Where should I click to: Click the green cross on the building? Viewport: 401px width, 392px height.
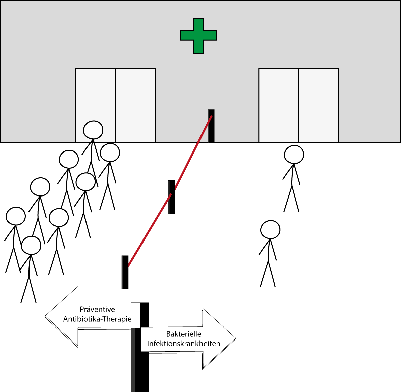point(198,36)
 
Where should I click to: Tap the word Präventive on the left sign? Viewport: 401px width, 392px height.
point(98,309)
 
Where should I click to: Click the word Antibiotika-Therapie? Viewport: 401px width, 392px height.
point(98,319)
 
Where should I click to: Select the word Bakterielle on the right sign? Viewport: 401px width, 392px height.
point(184,334)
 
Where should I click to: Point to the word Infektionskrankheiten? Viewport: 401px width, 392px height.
point(184,344)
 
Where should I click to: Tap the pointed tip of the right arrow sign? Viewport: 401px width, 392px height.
point(235,339)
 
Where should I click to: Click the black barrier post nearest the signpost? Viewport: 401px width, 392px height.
point(125,272)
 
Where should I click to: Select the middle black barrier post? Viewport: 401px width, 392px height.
point(171,197)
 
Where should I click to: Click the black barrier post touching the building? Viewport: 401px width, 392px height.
point(211,126)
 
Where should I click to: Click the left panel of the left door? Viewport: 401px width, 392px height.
point(96,105)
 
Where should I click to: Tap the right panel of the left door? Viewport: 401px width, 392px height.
point(136,105)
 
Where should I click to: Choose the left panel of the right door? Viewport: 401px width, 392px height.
point(279,105)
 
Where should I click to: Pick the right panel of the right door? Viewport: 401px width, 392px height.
point(319,105)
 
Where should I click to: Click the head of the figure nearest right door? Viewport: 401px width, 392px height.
point(294,155)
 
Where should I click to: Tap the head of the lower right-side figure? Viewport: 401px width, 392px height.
point(270,229)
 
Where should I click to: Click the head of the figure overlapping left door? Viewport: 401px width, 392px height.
point(93,130)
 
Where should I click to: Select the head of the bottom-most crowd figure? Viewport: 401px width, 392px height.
point(31,246)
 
